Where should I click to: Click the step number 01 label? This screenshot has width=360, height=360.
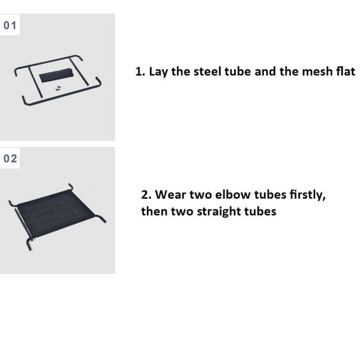click(10, 25)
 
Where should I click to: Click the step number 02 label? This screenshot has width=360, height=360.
click(10, 158)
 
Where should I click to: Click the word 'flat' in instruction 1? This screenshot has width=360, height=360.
click(346, 71)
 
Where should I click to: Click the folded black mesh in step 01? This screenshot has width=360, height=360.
click(56, 75)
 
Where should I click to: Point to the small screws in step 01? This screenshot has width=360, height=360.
click(58, 88)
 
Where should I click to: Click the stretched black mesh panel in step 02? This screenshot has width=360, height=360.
click(56, 212)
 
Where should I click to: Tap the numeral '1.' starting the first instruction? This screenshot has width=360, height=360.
click(140, 72)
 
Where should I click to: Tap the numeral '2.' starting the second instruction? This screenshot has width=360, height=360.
click(146, 195)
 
